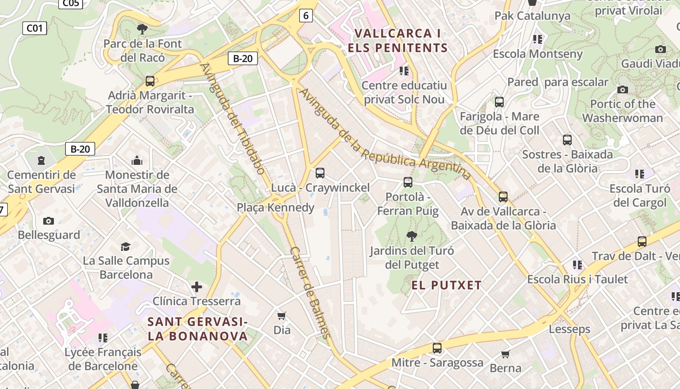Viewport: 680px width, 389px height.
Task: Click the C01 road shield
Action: click(x=34, y=28)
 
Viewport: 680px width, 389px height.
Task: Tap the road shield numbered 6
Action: click(x=306, y=16)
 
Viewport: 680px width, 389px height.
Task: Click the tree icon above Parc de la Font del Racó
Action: click(x=142, y=29)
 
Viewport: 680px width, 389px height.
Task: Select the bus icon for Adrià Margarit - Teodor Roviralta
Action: click(x=150, y=81)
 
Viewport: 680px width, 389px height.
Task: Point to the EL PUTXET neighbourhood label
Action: click(x=446, y=285)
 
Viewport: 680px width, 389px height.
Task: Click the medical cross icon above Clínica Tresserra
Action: click(x=197, y=287)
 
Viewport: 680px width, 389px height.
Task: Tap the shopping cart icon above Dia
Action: click(x=282, y=316)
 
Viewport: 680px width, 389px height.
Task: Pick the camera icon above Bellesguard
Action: click(x=49, y=221)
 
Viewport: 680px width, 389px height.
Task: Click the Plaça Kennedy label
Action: click(x=275, y=208)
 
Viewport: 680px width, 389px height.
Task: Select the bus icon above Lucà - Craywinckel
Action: click(x=320, y=173)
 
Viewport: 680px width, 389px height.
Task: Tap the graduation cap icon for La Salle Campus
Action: click(x=126, y=247)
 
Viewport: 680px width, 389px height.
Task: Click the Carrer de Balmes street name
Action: click(x=310, y=293)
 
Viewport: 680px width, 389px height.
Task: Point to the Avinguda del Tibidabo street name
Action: click(x=233, y=118)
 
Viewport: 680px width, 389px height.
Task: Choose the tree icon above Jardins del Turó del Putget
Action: click(x=411, y=237)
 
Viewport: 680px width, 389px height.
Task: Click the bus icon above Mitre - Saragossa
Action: click(x=437, y=348)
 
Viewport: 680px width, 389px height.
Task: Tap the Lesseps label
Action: click(x=569, y=329)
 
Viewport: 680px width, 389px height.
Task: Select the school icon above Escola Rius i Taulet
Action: click(x=578, y=265)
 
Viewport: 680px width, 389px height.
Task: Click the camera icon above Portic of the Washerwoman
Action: click(x=623, y=89)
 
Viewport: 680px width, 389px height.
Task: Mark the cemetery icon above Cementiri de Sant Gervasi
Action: click(x=41, y=160)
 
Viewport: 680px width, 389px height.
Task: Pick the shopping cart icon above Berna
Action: click(x=506, y=354)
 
